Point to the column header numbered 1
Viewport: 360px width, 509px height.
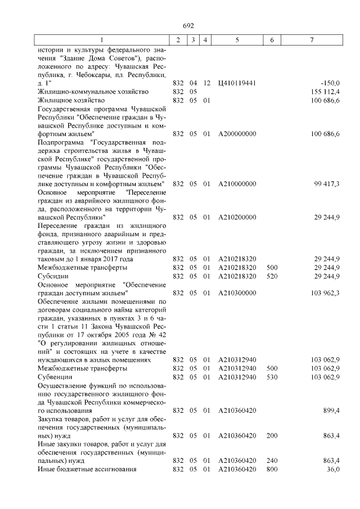click(101, 40)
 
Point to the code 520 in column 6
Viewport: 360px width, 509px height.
click(272, 276)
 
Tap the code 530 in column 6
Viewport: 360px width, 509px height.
click(272, 377)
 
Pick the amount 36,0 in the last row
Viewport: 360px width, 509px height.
click(334, 469)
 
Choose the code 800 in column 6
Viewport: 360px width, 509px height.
click(272, 469)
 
